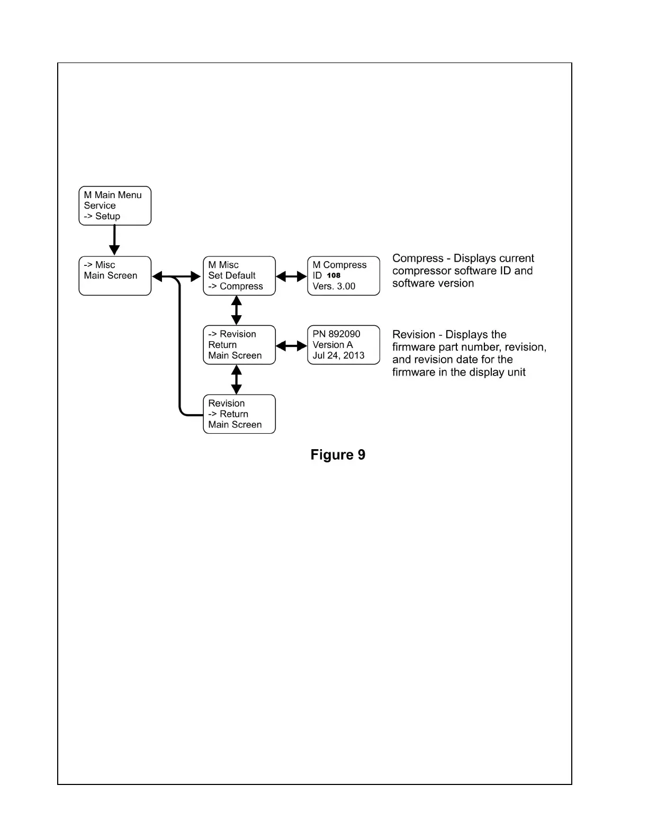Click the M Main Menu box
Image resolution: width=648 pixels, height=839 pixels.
pyautogui.click(x=115, y=206)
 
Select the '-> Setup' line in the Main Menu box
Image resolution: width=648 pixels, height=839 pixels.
pyautogui.click(x=102, y=216)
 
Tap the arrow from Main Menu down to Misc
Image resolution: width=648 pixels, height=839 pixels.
pyautogui.click(x=114, y=240)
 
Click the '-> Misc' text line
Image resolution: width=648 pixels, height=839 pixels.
pyautogui.click(x=100, y=265)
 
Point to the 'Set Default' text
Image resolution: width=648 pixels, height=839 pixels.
pyautogui.click(x=232, y=275)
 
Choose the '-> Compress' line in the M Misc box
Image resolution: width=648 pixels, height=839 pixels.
pyautogui.click(x=236, y=286)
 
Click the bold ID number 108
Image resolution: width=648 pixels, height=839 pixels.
pyautogui.click(x=334, y=275)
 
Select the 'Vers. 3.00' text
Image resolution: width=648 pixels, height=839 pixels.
pyautogui.click(x=334, y=286)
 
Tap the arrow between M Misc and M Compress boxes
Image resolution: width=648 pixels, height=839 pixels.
pyautogui.click(x=291, y=276)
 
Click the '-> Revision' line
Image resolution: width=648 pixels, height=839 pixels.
pyautogui.click(x=232, y=334)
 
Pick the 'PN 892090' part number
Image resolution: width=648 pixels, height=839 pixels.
pyautogui.click(x=336, y=334)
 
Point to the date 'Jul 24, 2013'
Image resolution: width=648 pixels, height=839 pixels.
pyautogui.click(x=338, y=355)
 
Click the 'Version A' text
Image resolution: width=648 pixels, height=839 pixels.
pyautogui.click(x=332, y=345)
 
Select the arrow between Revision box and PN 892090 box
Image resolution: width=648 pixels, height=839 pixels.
pyautogui.click(x=291, y=346)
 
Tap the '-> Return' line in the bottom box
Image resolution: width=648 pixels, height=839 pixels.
pyautogui.click(x=228, y=414)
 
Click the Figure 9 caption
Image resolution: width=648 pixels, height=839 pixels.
pyautogui.click(x=338, y=455)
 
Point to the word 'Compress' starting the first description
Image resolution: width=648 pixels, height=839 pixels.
pyautogui.click(x=418, y=258)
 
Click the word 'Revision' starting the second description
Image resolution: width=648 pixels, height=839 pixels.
pyautogui.click(x=413, y=335)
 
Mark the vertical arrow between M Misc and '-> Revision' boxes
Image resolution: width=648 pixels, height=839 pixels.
pyautogui.click(x=237, y=310)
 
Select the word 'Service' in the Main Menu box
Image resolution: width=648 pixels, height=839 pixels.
pyautogui.click(x=100, y=206)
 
